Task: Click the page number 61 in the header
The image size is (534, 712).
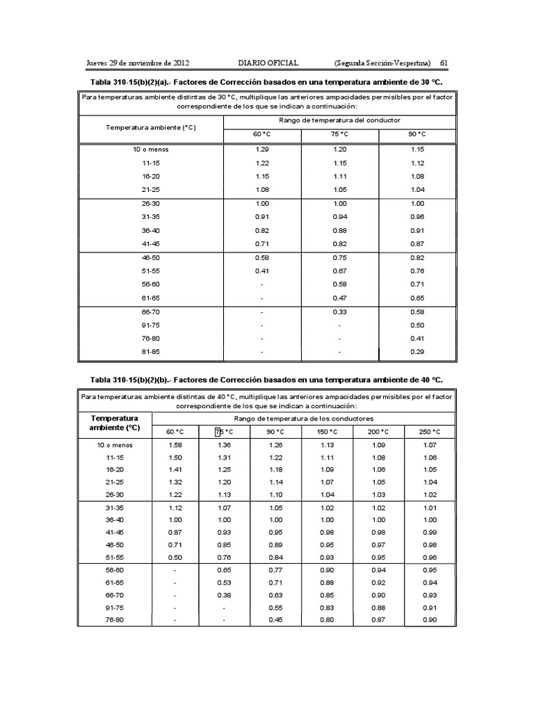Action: pos(443,63)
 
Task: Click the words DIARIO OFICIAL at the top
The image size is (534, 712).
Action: pos(268,63)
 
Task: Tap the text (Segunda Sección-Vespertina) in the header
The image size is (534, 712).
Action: pos(382,63)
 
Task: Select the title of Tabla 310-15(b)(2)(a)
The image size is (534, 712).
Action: pos(267,81)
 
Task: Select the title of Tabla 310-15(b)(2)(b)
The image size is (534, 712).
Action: pos(267,380)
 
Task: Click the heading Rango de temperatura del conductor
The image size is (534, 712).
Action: pos(339,120)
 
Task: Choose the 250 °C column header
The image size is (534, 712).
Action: pos(430,432)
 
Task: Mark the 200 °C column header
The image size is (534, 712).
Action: pos(380,432)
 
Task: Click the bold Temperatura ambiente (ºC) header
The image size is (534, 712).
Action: pos(115,423)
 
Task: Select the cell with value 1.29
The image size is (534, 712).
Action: pos(262,149)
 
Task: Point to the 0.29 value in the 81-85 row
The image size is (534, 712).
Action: pos(417,352)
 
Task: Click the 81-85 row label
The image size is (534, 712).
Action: pos(151,352)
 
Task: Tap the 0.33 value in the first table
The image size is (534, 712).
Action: pos(340,311)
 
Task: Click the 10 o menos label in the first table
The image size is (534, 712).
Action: pos(151,149)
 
